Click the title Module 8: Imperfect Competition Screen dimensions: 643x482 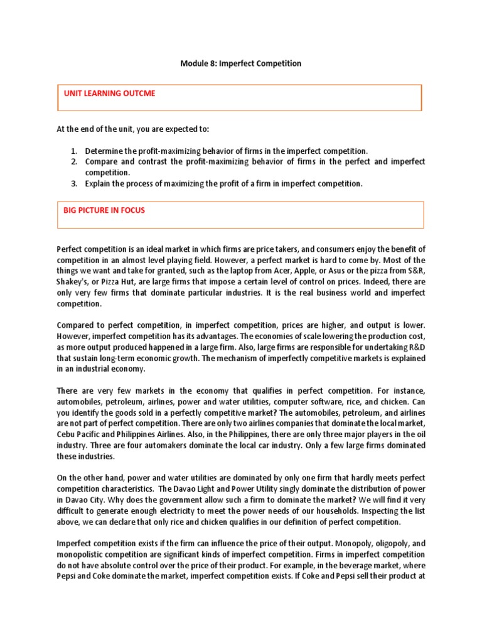(x=241, y=63)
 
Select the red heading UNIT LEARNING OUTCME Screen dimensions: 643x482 (x=109, y=94)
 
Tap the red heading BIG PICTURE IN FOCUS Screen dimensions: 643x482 (x=104, y=210)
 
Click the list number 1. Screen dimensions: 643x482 (x=73, y=151)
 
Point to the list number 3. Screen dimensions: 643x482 (x=73, y=183)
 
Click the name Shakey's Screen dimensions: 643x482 (x=74, y=282)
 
